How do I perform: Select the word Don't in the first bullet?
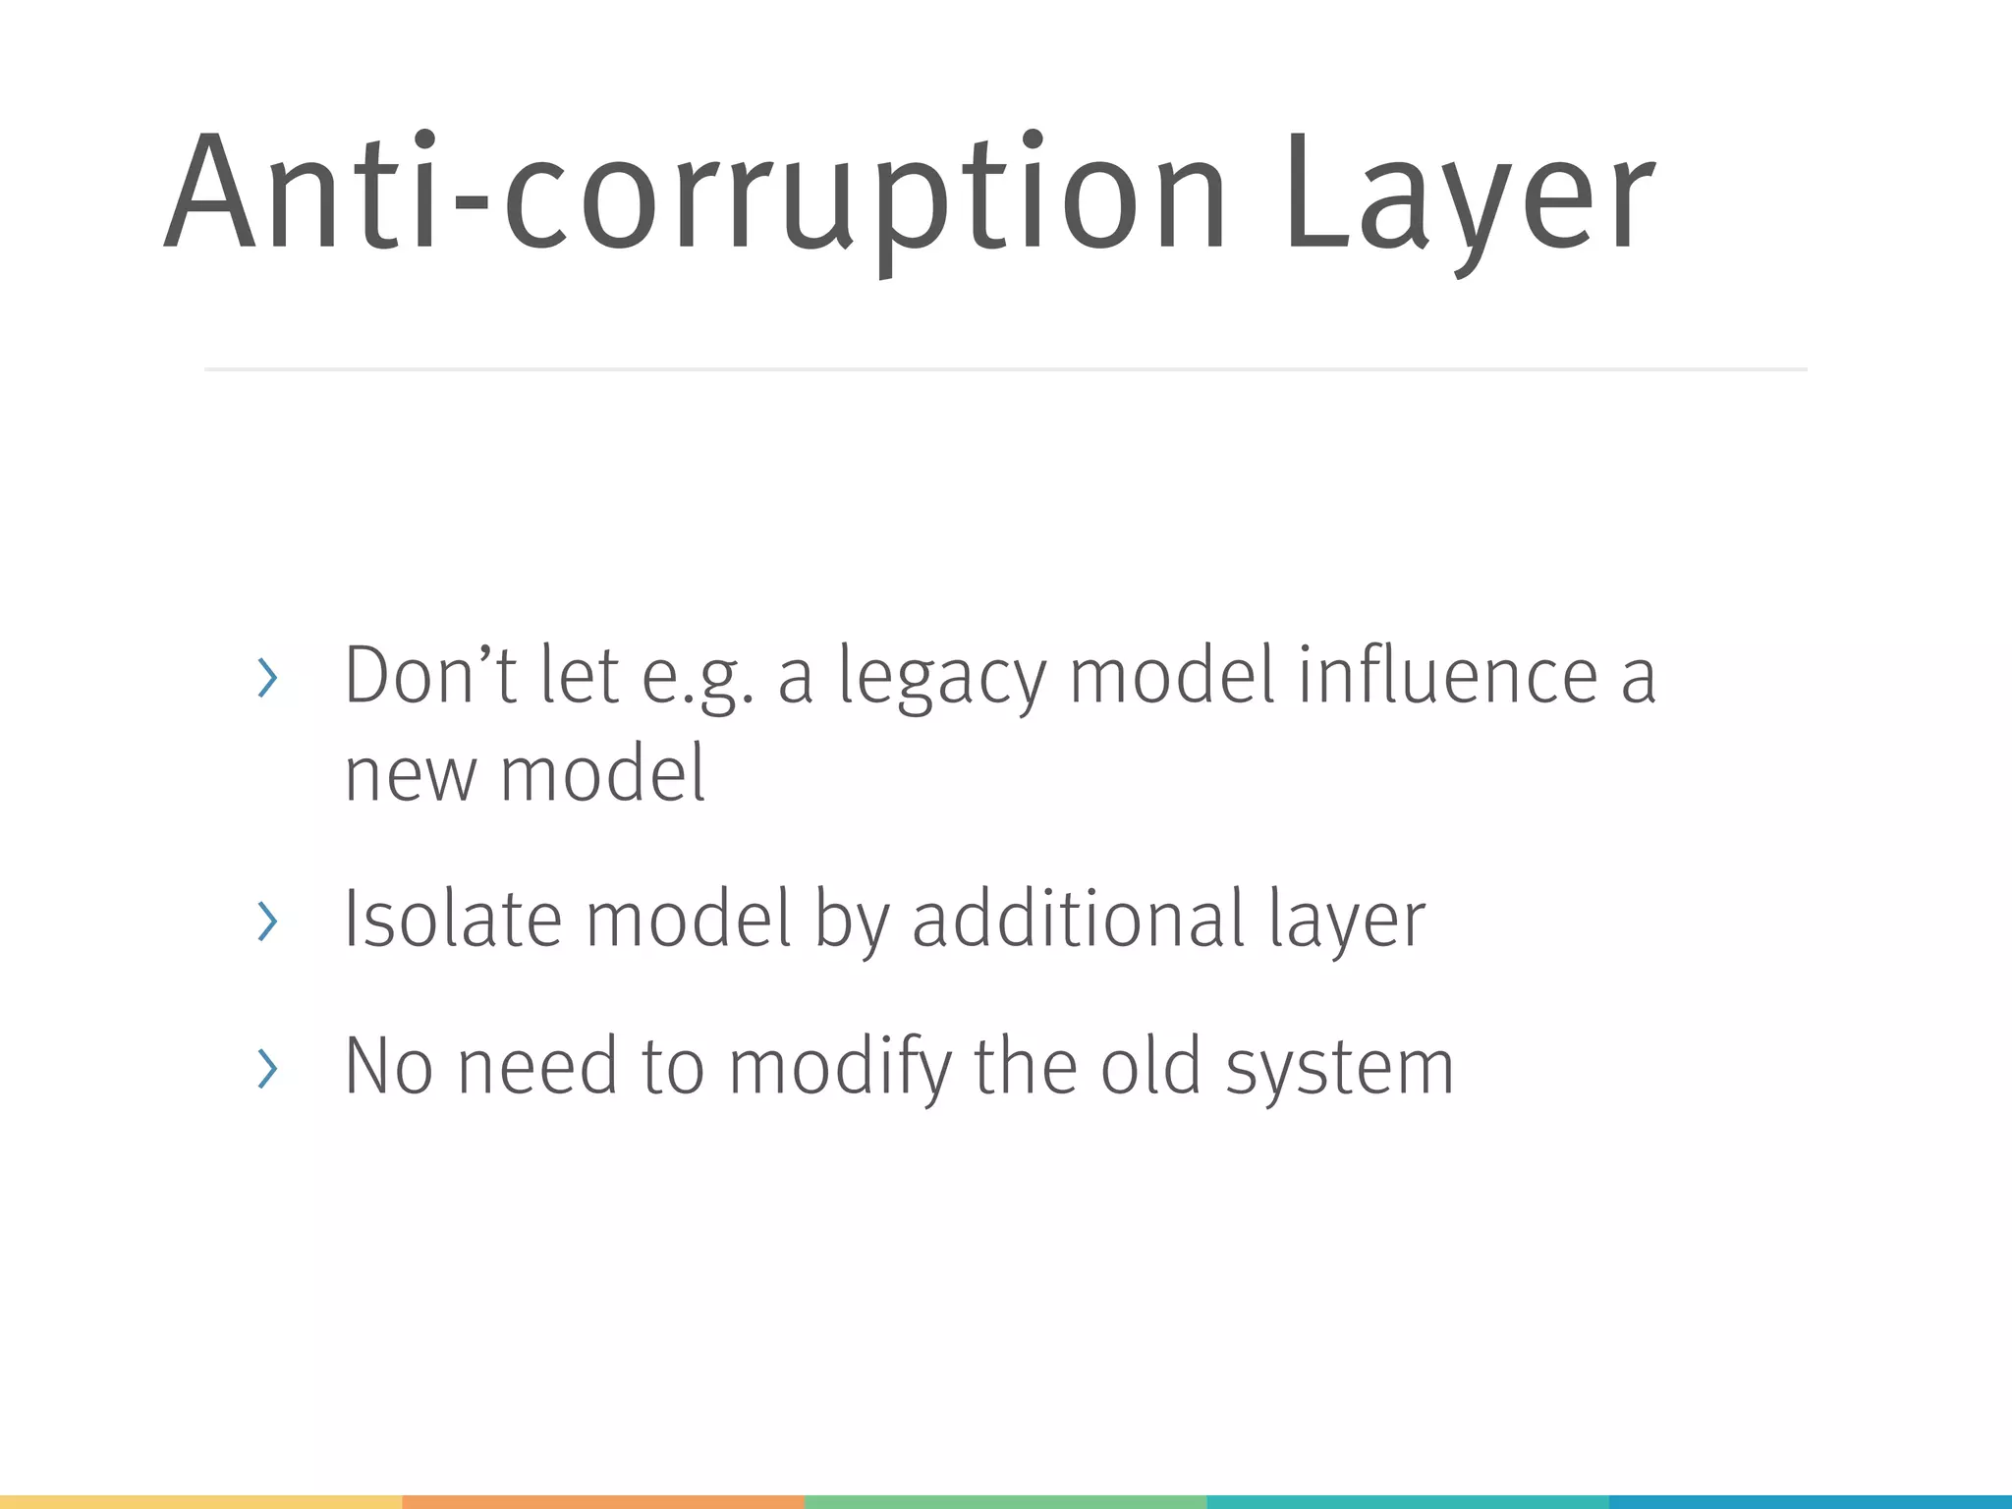429,676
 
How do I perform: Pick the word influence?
1448,676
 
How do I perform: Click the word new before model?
410,774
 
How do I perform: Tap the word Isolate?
452,919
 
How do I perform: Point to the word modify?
840,1067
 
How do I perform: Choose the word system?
1339,1069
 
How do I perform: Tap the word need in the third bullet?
537,1067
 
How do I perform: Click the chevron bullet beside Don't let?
266,679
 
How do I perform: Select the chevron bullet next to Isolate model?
266,922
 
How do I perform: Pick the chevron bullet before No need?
266,1069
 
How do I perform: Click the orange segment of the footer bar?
603,1502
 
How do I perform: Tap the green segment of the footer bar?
1005,1502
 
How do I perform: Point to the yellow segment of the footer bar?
200,1502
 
